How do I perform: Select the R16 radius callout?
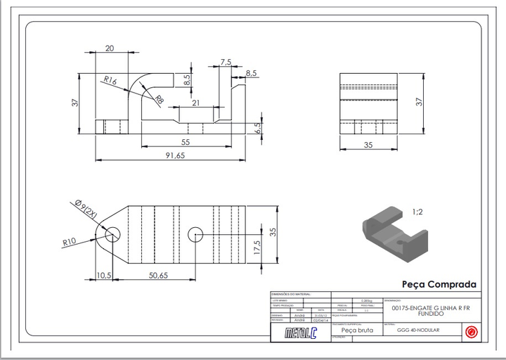[109, 80]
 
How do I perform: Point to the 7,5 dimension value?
[225, 63]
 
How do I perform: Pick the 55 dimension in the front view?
[186, 141]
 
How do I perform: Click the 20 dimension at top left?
[110, 48]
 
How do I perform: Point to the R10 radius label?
[69, 242]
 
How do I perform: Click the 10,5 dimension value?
[104, 275]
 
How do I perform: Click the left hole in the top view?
[112, 233]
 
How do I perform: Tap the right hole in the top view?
[196, 233]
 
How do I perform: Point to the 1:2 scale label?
[418, 211]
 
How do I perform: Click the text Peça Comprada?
[439, 285]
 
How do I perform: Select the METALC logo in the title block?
[301, 333]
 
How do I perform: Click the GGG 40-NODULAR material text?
[417, 330]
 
